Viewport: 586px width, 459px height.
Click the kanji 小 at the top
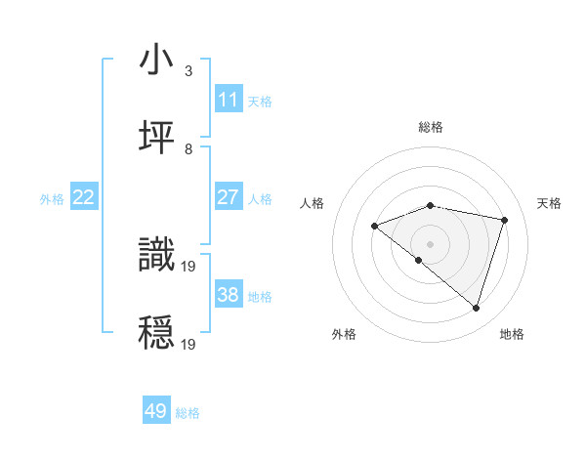[x=157, y=61]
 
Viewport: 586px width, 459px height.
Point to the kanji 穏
[x=157, y=331]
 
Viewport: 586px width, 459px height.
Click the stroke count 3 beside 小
[x=188, y=70]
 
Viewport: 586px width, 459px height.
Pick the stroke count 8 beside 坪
[x=188, y=148]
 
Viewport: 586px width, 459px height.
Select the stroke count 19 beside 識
[x=189, y=265]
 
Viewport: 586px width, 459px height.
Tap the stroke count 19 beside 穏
[x=189, y=343]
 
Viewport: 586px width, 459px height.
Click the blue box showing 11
[x=229, y=100]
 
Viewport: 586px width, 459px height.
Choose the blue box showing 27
[x=229, y=197]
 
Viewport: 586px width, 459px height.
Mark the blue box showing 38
[x=229, y=295]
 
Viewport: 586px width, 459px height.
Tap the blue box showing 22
[x=84, y=197]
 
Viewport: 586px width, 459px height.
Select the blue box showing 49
[x=156, y=411]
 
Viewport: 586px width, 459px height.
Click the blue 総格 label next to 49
[x=188, y=413]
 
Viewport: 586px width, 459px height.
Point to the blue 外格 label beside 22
[x=52, y=199]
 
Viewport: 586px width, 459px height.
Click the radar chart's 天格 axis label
[x=550, y=203]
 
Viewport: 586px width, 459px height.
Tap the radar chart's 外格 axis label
[x=344, y=334]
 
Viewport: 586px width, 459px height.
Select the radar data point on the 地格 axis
[x=476, y=309]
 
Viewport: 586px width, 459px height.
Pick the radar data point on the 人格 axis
[x=374, y=226]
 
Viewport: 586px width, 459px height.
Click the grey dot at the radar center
[x=430, y=243]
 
